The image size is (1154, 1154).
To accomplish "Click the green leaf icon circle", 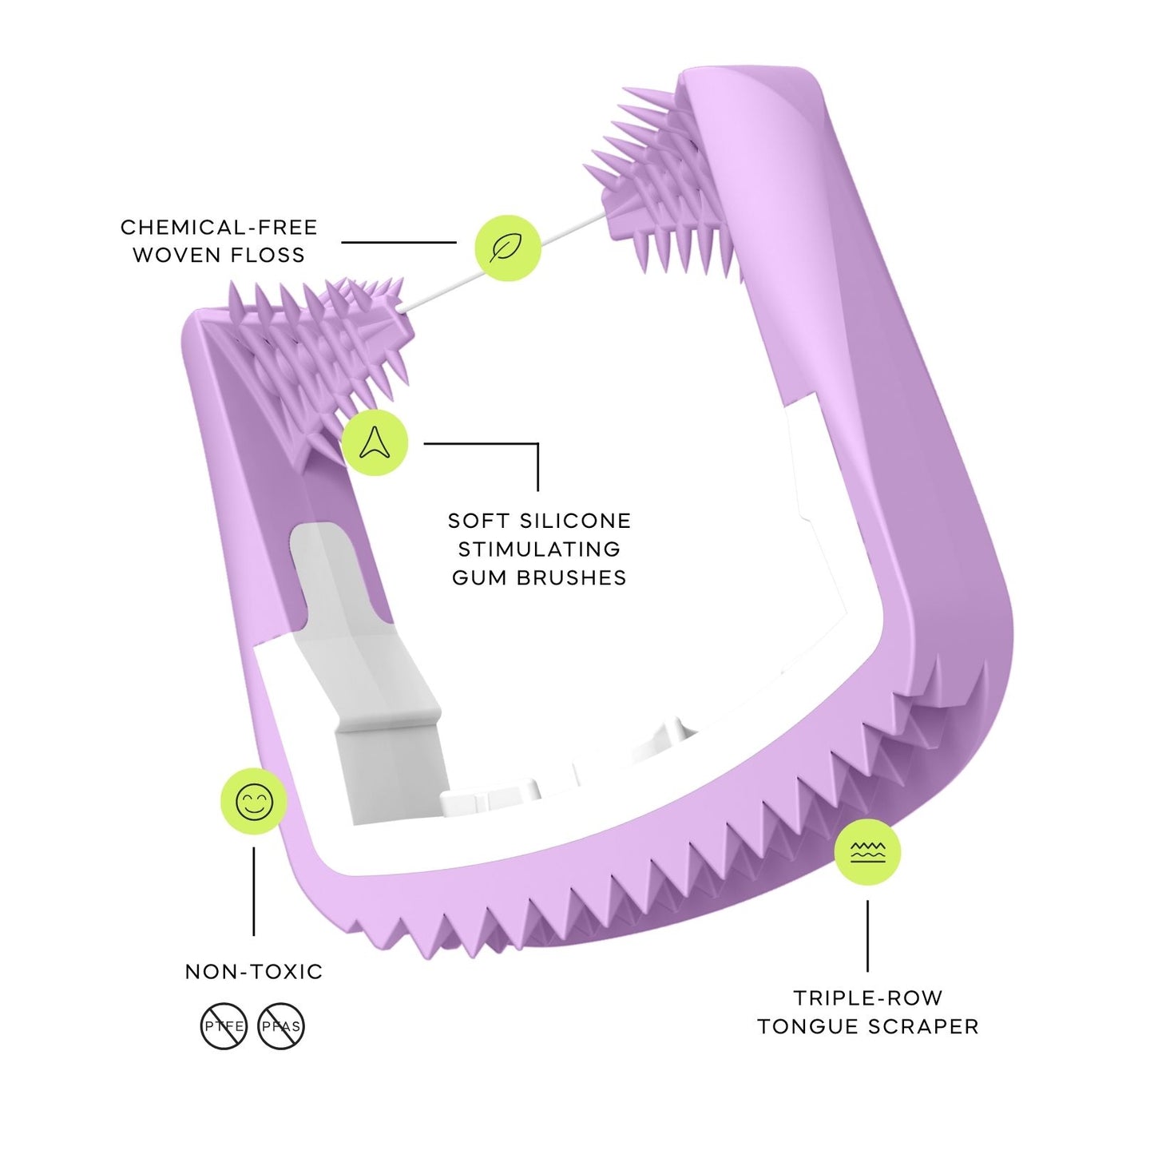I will [508, 248].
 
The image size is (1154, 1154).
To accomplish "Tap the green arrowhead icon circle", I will [375, 442].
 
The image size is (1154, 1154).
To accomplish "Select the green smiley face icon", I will [254, 801].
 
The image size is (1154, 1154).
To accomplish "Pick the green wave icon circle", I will [867, 851].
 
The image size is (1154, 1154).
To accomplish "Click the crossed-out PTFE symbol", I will [224, 1026].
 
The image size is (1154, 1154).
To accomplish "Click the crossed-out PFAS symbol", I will [281, 1026].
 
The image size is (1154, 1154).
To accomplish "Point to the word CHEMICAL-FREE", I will [219, 228].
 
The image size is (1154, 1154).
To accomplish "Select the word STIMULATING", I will [539, 549].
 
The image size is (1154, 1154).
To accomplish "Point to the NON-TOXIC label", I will [254, 972].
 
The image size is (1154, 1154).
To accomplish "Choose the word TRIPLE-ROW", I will [867, 998].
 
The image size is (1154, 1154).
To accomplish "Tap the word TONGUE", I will [809, 1027].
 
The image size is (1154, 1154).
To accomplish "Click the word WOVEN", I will [176, 256].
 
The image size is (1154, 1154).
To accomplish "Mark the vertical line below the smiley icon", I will [254, 890].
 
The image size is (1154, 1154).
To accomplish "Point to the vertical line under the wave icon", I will [867, 936].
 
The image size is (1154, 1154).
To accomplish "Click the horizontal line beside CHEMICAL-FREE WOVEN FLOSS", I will [399, 242].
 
